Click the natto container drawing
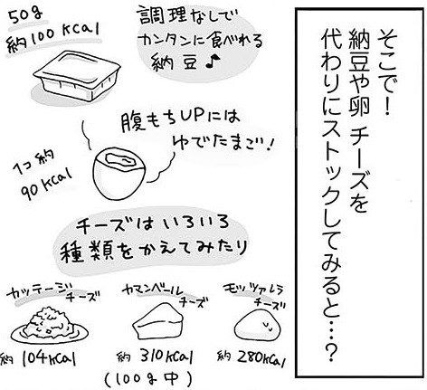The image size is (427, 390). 78,75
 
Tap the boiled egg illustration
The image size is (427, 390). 119,173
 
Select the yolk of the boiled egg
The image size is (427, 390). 119,160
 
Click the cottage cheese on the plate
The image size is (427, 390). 50,323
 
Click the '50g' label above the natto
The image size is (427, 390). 25,17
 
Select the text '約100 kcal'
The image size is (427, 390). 53,39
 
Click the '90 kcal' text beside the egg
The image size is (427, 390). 47,185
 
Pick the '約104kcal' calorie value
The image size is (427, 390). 38,359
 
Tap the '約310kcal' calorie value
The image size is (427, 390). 155,357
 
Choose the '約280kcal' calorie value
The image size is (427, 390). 251,357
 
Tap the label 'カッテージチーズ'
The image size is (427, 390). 52,292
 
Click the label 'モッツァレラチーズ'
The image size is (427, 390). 257,296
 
